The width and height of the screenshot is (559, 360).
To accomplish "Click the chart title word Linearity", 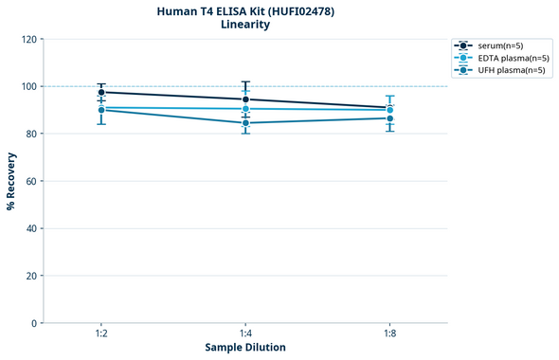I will pyautogui.click(x=244, y=25).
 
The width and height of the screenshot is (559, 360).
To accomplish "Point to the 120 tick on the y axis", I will pyautogui.click(x=28, y=39).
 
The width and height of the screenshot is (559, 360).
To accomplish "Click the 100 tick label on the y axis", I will pyautogui.click(x=28, y=86).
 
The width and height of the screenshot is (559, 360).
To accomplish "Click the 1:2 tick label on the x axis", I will pyautogui.click(x=101, y=334).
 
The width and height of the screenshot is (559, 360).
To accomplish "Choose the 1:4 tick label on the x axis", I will pyautogui.click(x=245, y=334).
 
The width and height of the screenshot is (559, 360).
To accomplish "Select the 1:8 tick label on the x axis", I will pyautogui.click(x=389, y=334).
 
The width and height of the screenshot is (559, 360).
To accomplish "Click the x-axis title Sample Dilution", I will pyautogui.click(x=245, y=348).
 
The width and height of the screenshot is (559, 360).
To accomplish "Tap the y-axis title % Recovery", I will pyautogui.click(x=11, y=181).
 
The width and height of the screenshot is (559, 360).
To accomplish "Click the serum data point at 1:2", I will pyautogui.click(x=101, y=92).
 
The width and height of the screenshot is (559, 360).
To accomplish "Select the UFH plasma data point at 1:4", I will pyautogui.click(x=245, y=123).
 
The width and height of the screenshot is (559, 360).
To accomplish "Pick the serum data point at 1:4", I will pyautogui.click(x=245, y=99).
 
